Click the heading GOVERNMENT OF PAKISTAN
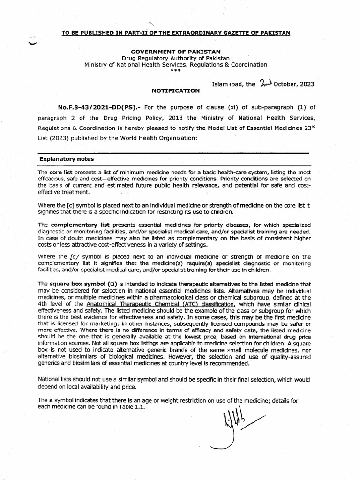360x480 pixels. [176, 51]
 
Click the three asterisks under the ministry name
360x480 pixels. [176, 71]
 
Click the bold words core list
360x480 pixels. [62, 172]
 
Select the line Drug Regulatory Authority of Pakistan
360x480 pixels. [176, 58]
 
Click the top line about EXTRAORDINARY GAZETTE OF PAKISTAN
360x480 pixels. [176, 32]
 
